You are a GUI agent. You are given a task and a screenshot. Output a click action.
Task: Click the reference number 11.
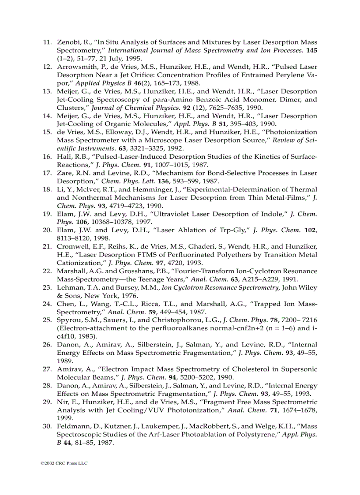point(47,42)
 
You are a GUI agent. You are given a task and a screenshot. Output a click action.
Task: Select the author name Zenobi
point(68,42)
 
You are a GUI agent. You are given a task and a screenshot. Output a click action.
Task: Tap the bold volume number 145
point(311,50)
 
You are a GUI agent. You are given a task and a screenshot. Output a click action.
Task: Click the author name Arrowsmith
point(75,67)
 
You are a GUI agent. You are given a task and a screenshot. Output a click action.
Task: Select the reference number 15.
point(47,132)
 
